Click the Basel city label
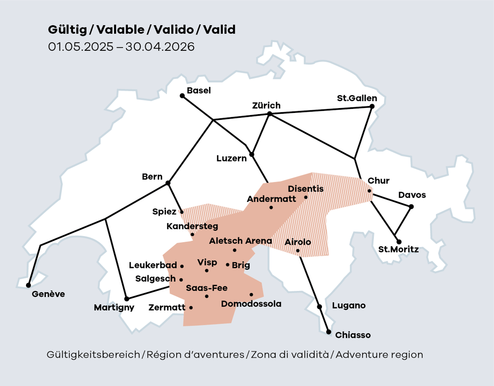click(198, 90)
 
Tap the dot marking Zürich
click(270, 114)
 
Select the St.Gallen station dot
click(372, 106)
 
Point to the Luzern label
click(231, 158)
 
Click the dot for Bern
click(168, 183)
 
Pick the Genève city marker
click(29, 285)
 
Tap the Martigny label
click(114, 308)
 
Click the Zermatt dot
click(191, 307)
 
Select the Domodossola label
click(251, 304)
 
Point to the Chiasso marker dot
click(328, 333)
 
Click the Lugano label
click(349, 306)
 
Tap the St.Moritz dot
click(399, 242)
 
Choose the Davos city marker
click(411, 207)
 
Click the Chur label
click(378, 181)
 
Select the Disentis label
click(305, 189)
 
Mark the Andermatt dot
click(271, 208)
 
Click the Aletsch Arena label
click(240, 241)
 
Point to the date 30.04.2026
click(160, 46)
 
